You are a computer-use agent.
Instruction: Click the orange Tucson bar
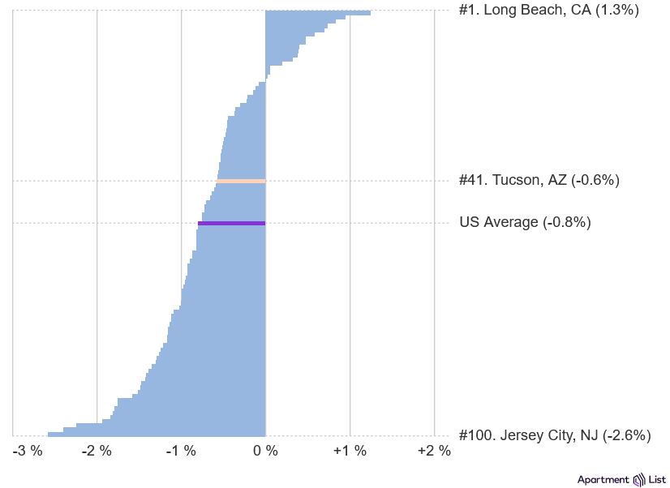tap(241, 181)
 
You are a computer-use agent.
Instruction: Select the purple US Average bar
tap(232, 223)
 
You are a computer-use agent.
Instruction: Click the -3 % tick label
tap(28, 452)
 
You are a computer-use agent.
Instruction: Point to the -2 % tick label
tap(97, 452)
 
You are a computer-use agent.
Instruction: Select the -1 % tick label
tap(181, 452)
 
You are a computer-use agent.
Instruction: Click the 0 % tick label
tap(265, 452)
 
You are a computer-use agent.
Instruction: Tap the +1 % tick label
tap(350, 452)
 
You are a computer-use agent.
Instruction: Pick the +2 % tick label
tap(434, 452)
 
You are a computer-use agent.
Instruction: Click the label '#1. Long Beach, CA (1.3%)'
tap(549, 11)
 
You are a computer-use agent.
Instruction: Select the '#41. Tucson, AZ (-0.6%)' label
tap(539, 180)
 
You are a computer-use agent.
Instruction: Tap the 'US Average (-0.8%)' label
tap(525, 222)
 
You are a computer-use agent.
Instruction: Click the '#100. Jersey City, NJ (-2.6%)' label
tap(555, 435)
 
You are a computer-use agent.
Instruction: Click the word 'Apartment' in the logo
tap(603, 480)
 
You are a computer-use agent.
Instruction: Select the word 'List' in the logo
tap(657, 480)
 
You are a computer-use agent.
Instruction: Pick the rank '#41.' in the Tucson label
tap(474, 180)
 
